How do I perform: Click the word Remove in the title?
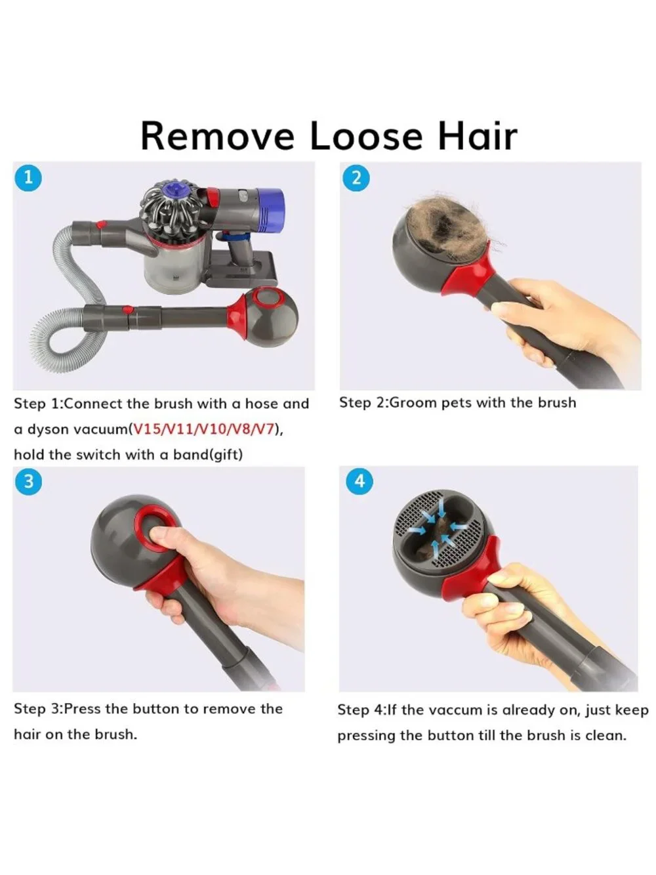(218, 136)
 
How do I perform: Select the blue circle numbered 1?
(28, 178)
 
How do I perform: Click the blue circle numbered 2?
(356, 178)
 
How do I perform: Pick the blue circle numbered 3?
(28, 482)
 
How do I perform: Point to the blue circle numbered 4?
(359, 481)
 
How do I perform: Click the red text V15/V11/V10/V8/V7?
(204, 429)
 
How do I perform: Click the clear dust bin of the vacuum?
(176, 261)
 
